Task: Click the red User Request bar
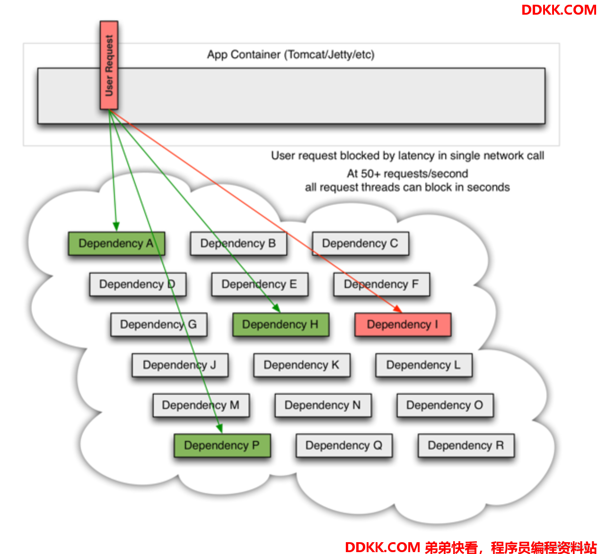[x=109, y=65]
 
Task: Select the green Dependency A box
[x=116, y=243]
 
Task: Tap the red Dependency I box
[x=403, y=324]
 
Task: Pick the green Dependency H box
[x=281, y=324]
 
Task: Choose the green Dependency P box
[x=222, y=445]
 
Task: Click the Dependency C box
[x=360, y=243]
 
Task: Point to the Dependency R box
[x=466, y=445]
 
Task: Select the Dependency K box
[x=302, y=365]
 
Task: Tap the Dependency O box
[x=445, y=406]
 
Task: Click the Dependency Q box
[x=344, y=445]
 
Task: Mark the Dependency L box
[x=423, y=365]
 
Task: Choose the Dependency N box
[x=323, y=406]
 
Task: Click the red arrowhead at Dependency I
[x=398, y=309]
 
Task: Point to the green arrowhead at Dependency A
[x=116, y=227]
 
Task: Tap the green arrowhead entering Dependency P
[x=220, y=429]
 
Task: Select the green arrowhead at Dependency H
[x=276, y=308]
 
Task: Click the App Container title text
[x=290, y=55]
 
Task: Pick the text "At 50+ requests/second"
[x=407, y=173]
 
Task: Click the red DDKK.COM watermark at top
[x=559, y=10]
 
